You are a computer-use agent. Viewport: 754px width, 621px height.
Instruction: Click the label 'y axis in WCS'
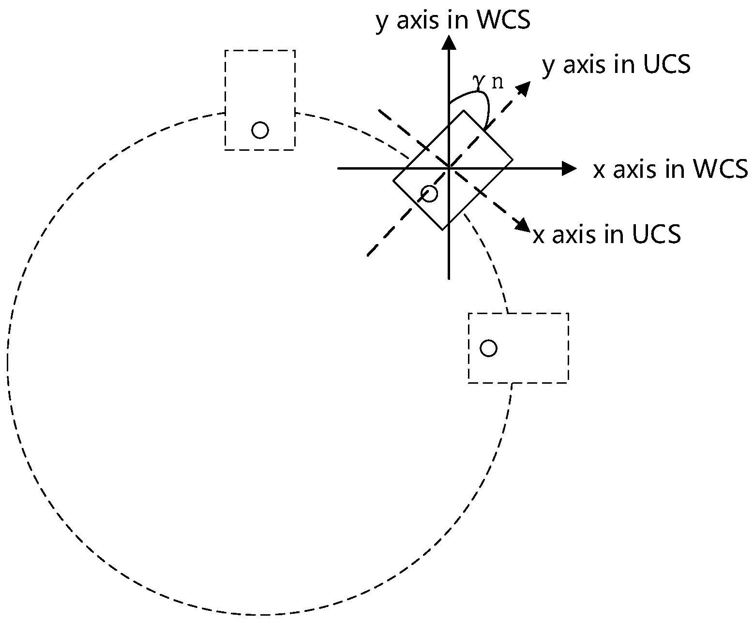click(x=452, y=21)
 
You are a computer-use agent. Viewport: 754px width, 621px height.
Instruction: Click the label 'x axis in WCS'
click(x=670, y=170)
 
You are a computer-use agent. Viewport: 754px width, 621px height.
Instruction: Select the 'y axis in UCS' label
click(x=616, y=65)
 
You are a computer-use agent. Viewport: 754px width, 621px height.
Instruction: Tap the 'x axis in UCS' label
click(x=607, y=234)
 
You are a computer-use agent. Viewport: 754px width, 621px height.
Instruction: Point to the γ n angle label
click(x=488, y=82)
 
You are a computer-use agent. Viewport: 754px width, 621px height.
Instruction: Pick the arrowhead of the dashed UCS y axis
click(x=524, y=87)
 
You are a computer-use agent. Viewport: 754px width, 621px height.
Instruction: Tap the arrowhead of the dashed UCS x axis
click(x=523, y=226)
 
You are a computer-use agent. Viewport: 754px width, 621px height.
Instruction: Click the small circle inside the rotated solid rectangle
click(x=429, y=193)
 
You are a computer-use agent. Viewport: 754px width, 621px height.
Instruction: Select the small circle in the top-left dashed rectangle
click(x=260, y=130)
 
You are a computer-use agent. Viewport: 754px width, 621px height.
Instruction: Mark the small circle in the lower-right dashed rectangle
click(x=488, y=348)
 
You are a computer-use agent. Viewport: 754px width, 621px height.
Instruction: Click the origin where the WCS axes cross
click(x=450, y=169)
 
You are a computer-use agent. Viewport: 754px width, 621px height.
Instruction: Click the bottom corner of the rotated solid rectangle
click(x=442, y=230)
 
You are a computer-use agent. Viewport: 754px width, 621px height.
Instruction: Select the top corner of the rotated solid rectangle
click(x=464, y=111)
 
